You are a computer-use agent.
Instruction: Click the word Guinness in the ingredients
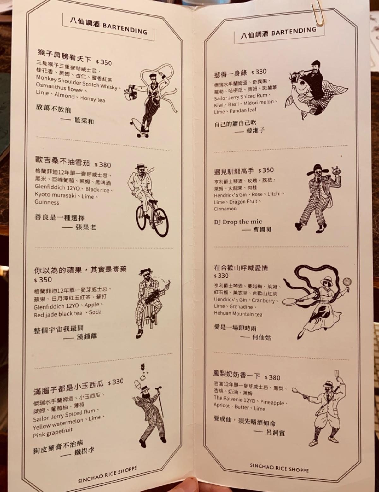point(47,202)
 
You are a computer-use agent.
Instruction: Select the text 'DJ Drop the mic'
point(238,222)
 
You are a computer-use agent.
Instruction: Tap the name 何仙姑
point(261,338)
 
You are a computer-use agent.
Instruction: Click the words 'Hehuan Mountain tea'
point(238,314)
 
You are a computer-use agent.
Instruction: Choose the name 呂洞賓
point(275,432)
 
